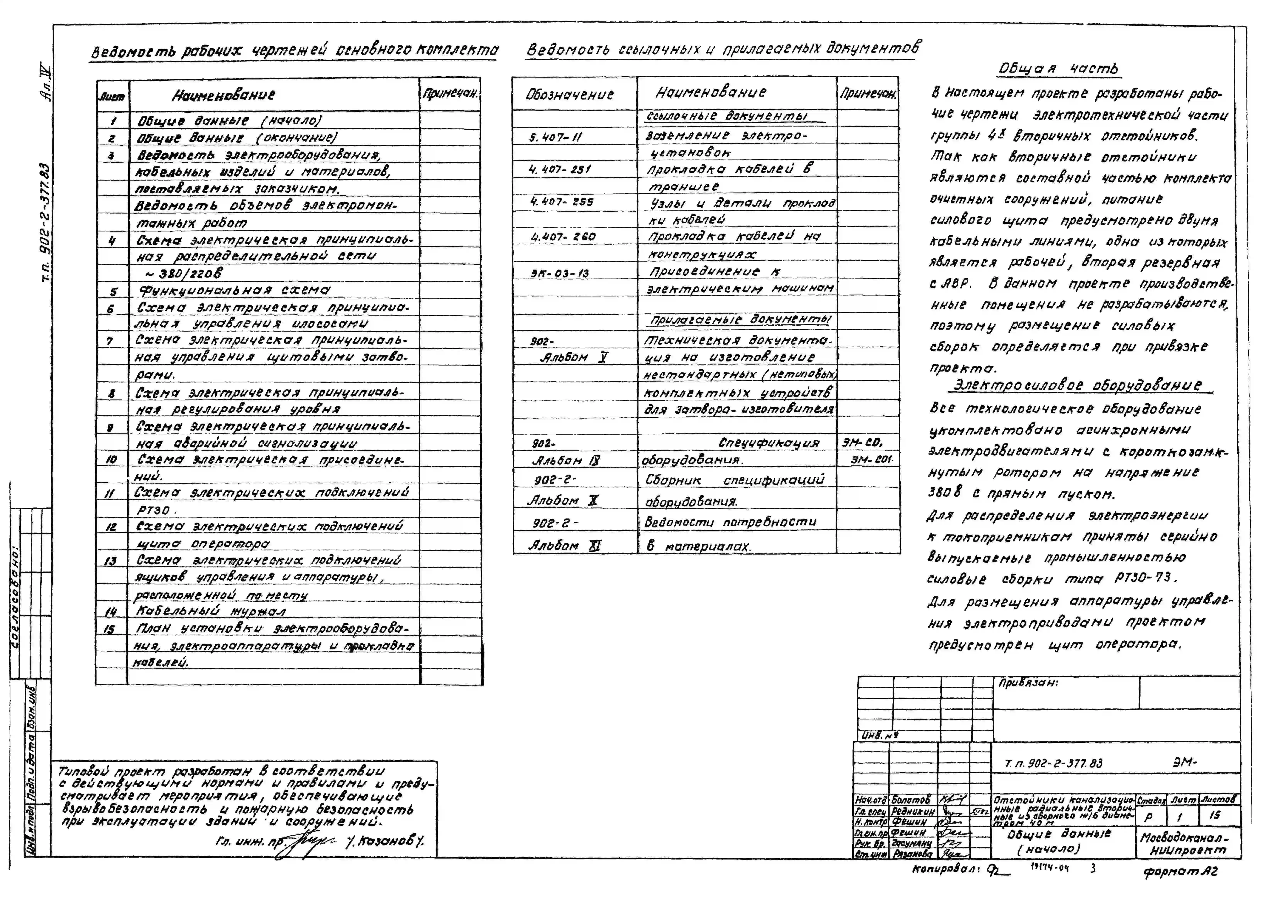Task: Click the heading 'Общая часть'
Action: click(x=1058, y=69)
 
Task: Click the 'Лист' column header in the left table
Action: click(x=112, y=96)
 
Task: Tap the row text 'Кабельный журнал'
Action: click(x=211, y=611)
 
